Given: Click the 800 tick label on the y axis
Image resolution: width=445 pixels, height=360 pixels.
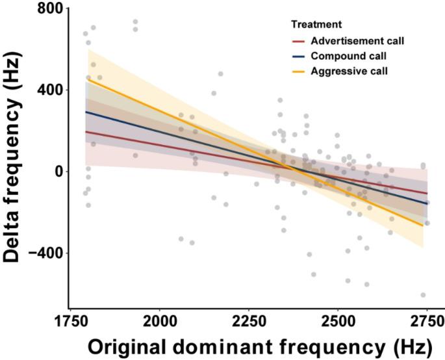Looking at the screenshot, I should (50, 9).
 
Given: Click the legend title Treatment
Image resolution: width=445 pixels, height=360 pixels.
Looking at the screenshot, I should (316, 25).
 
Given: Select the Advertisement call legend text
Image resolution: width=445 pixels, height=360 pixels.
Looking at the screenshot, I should (357, 41).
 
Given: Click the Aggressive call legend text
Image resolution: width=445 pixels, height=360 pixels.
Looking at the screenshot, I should (349, 71).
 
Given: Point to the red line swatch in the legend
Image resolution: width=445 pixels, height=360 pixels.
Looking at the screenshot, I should (298, 41).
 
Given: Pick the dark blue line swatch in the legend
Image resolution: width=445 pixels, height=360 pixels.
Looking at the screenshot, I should (298, 56).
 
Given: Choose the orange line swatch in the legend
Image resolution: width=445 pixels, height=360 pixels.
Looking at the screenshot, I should (298, 71).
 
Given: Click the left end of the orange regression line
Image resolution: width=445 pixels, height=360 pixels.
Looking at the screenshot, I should (86, 78).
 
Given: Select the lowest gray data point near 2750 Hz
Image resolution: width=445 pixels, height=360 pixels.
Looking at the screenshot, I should (424, 295).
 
